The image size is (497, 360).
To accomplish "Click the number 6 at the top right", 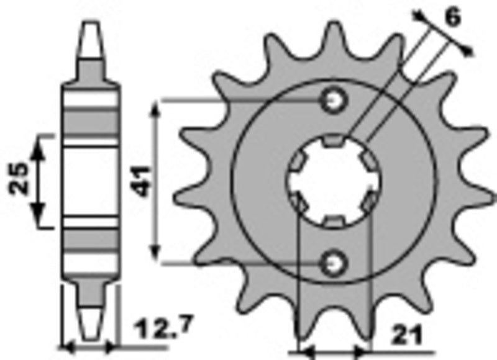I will pos(452,18).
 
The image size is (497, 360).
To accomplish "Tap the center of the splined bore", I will pos(334,181).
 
